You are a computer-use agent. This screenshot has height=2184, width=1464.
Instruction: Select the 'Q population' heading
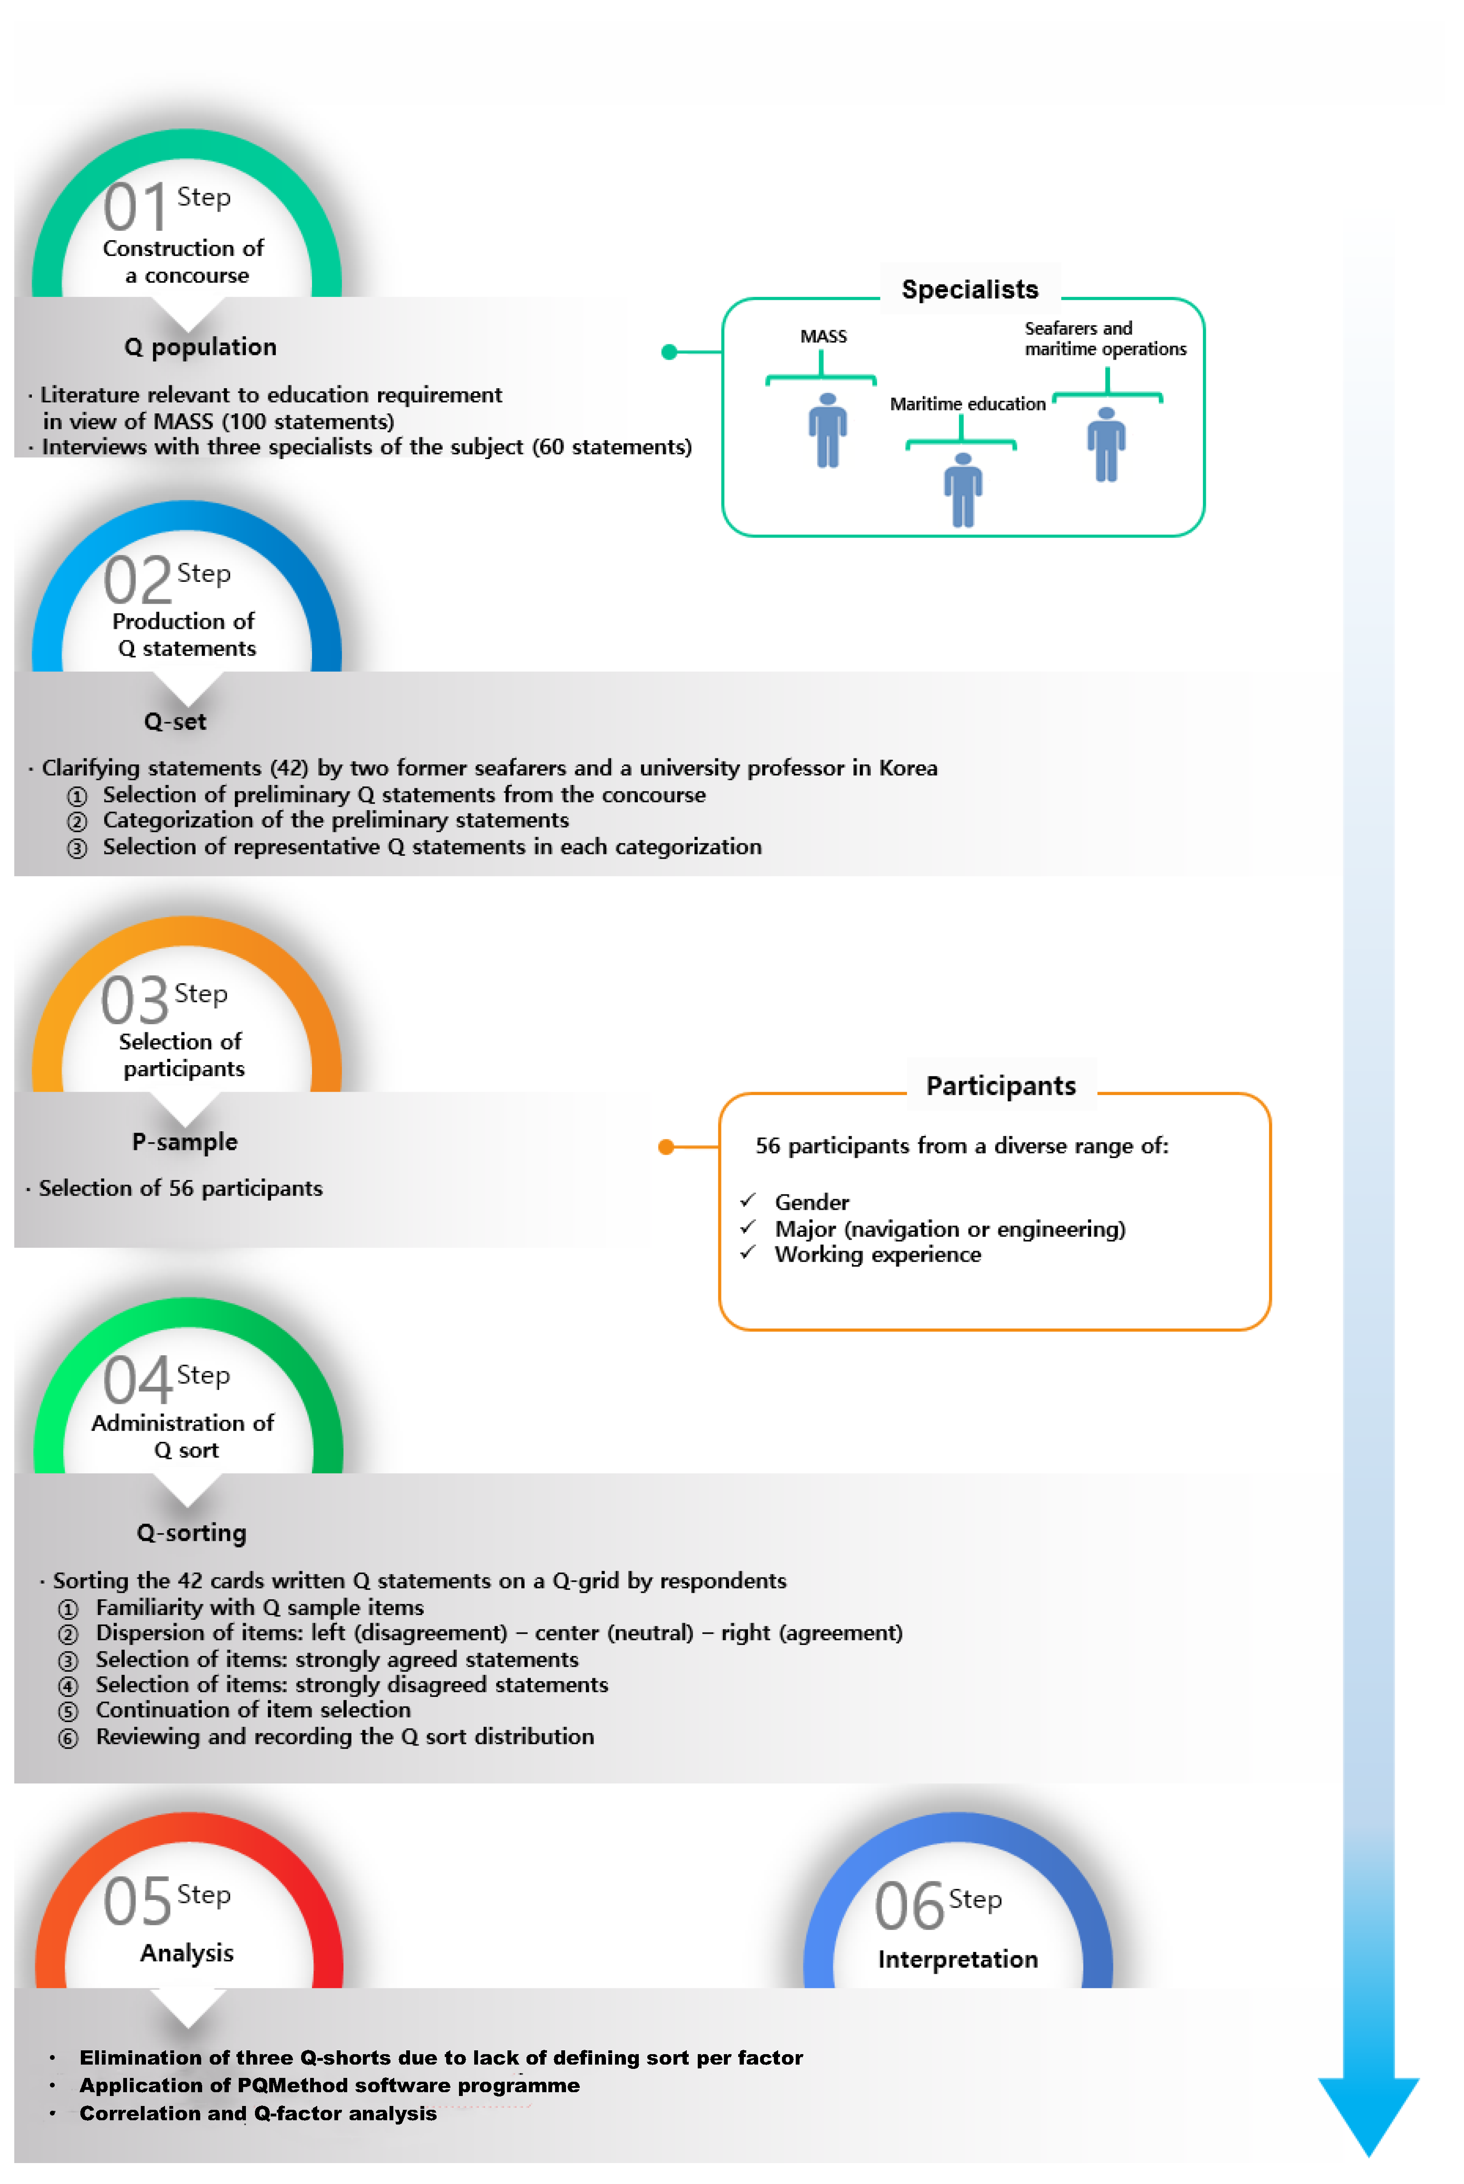tap(201, 347)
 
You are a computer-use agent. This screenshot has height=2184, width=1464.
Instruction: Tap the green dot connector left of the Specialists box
tap(669, 352)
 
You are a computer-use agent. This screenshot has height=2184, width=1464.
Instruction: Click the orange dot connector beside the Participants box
tap(666, 1146)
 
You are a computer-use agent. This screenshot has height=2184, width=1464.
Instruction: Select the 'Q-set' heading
tap(176, 722)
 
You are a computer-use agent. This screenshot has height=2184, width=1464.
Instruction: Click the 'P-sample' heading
tap(185, 1142)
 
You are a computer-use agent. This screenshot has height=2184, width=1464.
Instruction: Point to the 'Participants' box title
tap(1001, 1086)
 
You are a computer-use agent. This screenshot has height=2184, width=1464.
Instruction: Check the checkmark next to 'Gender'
tap(748, 1200)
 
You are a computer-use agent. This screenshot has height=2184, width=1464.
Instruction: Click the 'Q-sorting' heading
tap(191, 1533)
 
